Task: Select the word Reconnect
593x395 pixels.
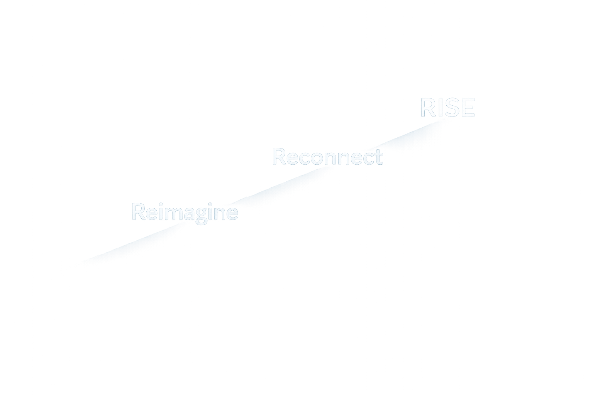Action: point(327,157)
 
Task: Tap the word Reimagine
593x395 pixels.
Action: point(185,212)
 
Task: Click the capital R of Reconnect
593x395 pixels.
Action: point(279,157)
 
